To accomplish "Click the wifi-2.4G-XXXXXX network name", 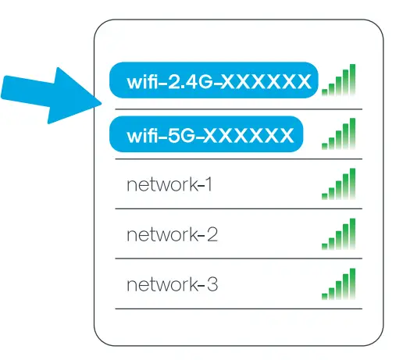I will [213, 80].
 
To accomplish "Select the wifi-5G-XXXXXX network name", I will [205, 135].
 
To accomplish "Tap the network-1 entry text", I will [169, 186].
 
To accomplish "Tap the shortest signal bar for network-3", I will [324, 295].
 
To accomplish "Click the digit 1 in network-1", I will [208, 186].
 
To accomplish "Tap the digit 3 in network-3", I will [212, 284].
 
